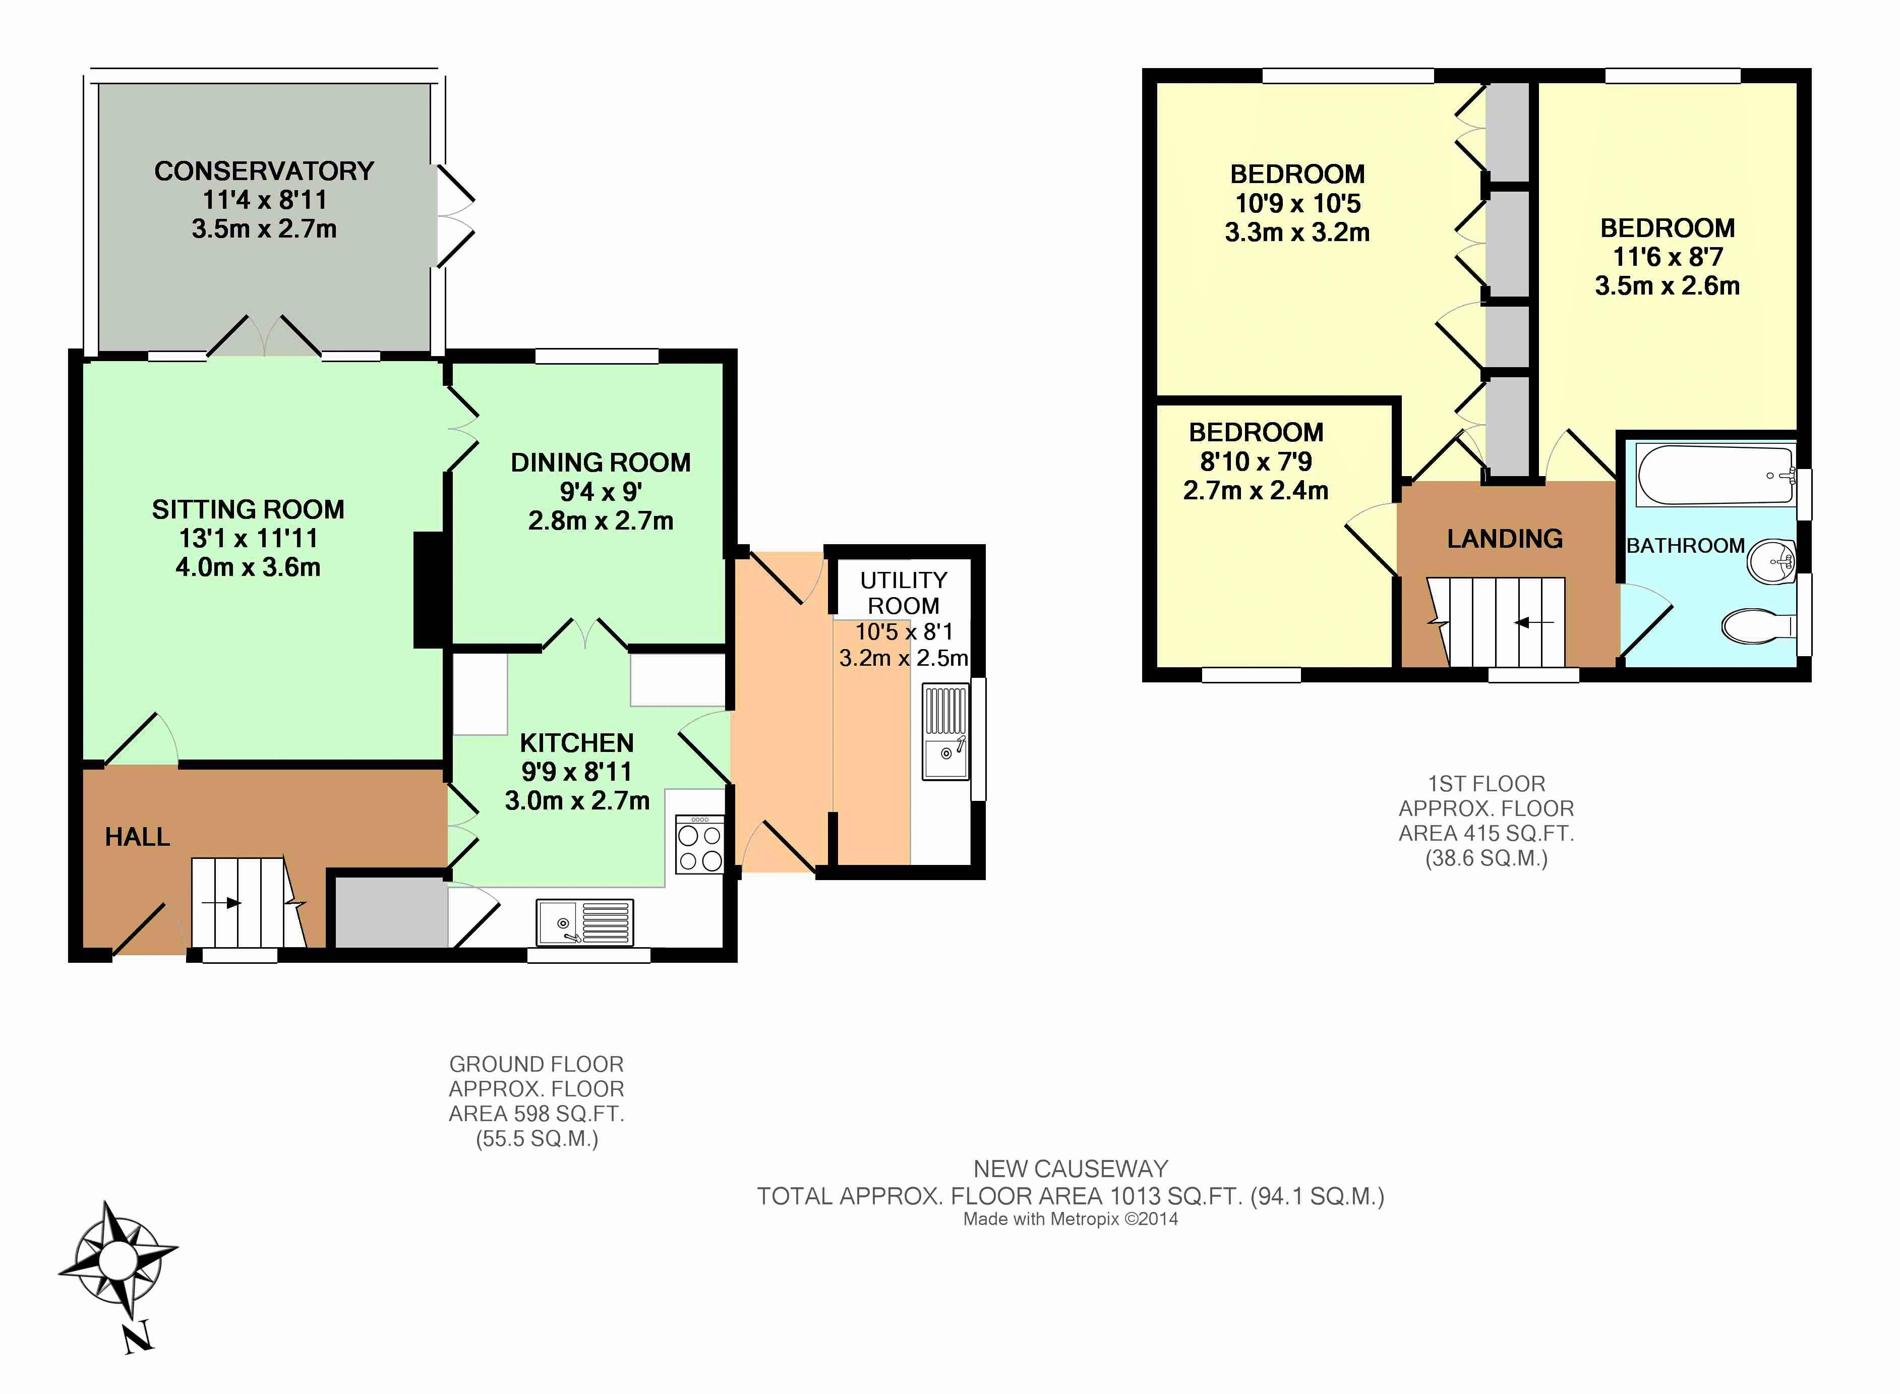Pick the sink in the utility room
[x=945, y=732]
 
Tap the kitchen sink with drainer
[x=584, y=921]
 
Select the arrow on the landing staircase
[x=1535, y=623]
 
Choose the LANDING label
[x=1505, y=538]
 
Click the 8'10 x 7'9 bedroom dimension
[x=1256, y=461]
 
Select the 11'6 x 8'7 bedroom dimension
[x=1668, y=257]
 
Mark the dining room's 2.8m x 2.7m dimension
[x=601, y=520]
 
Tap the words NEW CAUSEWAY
[x=1071, y=1169]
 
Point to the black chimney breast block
[x=430, y=590]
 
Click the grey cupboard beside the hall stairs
[x=391, y=912]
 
